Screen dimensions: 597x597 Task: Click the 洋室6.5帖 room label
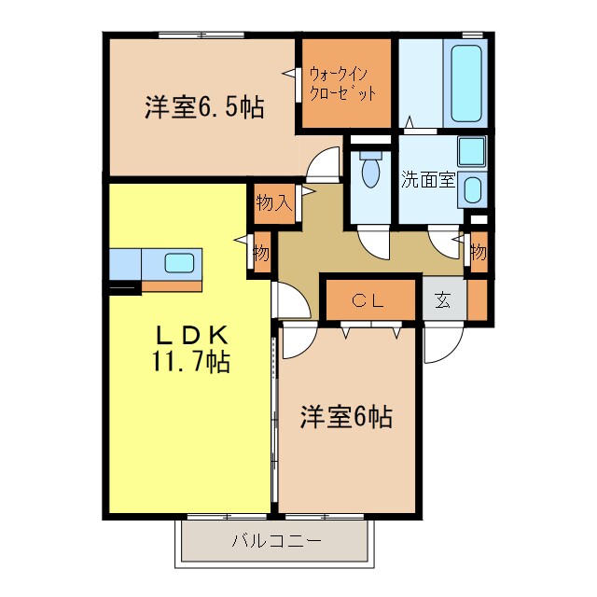point(203,107)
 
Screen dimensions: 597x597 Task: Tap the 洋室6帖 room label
point(345,417)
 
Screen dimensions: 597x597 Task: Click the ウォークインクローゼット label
point(344,81)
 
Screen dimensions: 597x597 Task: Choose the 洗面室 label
point(428,179)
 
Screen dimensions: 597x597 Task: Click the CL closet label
point(368,300)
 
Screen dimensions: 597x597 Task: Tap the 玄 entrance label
point(443,301)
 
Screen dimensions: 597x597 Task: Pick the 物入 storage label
point(274,203)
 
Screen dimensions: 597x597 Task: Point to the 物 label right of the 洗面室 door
point(479,252)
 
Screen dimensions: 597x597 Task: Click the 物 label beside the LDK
point(261,253)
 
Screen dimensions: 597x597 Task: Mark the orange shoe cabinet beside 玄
point(478,300)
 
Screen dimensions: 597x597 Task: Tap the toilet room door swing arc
point(378,243)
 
